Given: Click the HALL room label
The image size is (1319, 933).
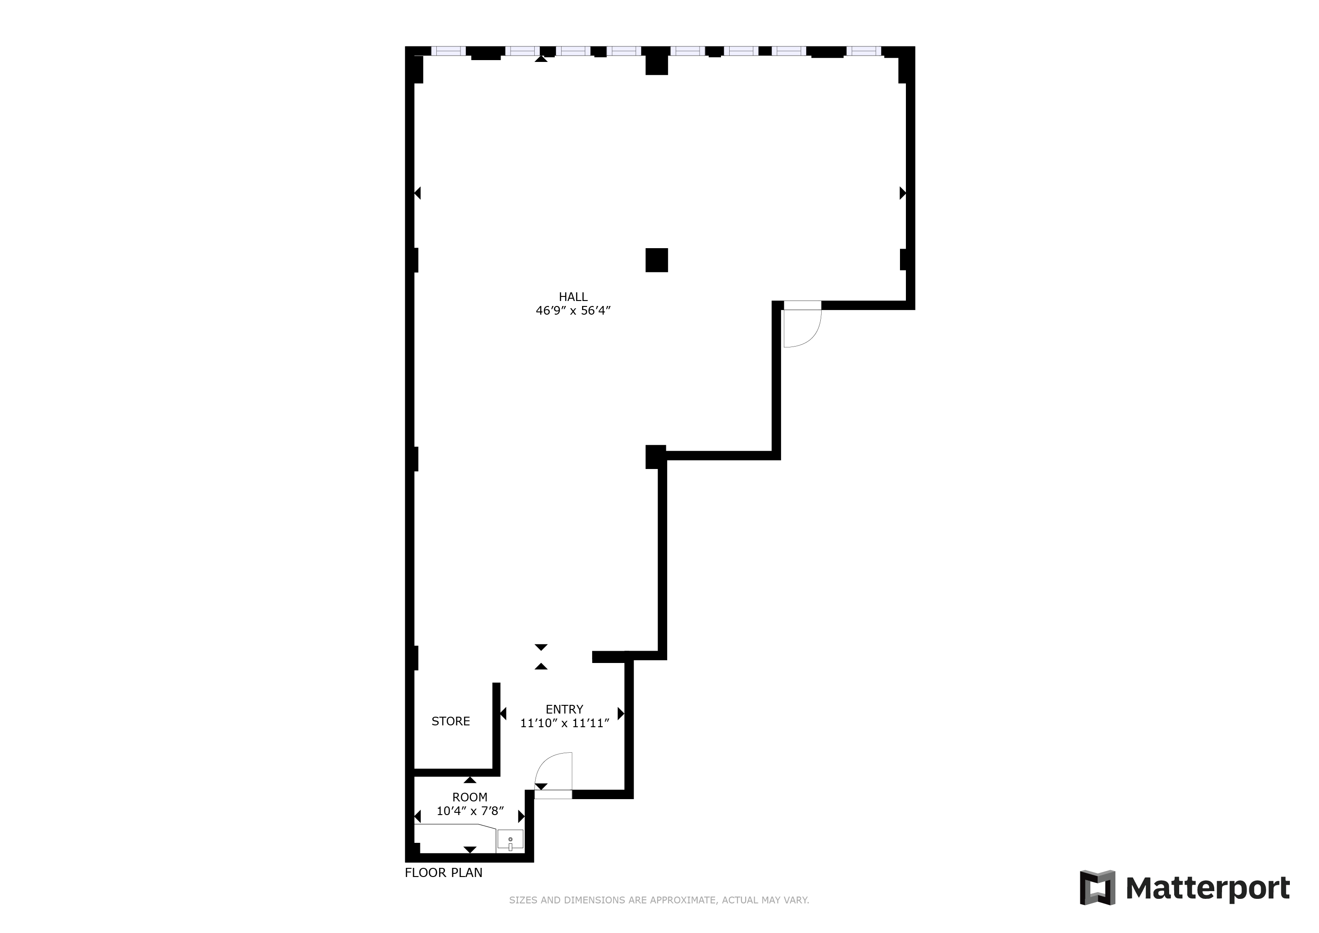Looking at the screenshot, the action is (x=573, y=296).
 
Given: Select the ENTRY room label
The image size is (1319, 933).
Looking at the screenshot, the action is (x=564, y=709).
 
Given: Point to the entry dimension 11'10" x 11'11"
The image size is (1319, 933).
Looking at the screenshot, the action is (x=564, y=723).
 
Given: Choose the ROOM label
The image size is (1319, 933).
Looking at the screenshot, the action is (x=470, y=797).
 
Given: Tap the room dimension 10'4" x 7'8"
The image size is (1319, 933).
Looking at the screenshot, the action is (x=470, y=811).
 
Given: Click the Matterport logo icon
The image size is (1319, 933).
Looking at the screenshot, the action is (x=1097, y=887).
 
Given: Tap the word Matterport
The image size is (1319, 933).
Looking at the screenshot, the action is (x=1208, y=889).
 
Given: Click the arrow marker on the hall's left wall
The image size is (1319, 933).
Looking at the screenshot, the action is (x=418, y=193).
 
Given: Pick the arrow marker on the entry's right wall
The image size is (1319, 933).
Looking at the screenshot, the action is (x=621, y=714).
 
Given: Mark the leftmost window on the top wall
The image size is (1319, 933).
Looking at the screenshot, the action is (x=448, y=51).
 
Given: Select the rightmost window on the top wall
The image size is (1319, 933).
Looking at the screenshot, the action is (x=863, y=51).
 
